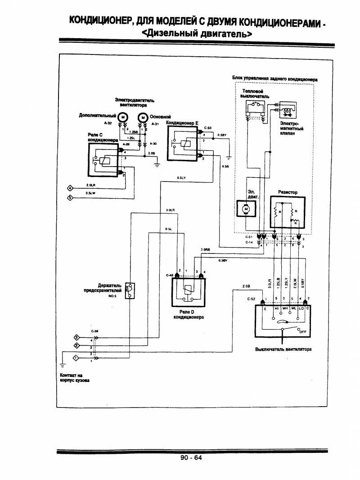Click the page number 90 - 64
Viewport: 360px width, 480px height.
pos(192,457)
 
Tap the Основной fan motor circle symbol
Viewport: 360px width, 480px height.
pos(143,118)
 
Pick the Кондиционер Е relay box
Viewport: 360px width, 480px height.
pos(183,144)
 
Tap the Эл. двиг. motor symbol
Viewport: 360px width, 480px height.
pos(245,208)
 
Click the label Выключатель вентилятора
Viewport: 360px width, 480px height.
pos(283,349)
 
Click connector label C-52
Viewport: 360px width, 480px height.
pos(252,299)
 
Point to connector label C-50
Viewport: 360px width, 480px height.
pos(207,128)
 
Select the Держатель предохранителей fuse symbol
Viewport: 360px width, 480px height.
pos(130,290)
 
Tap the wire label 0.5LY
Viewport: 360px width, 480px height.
pos(182,178)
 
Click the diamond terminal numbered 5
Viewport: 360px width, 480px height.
pos(70,198)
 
